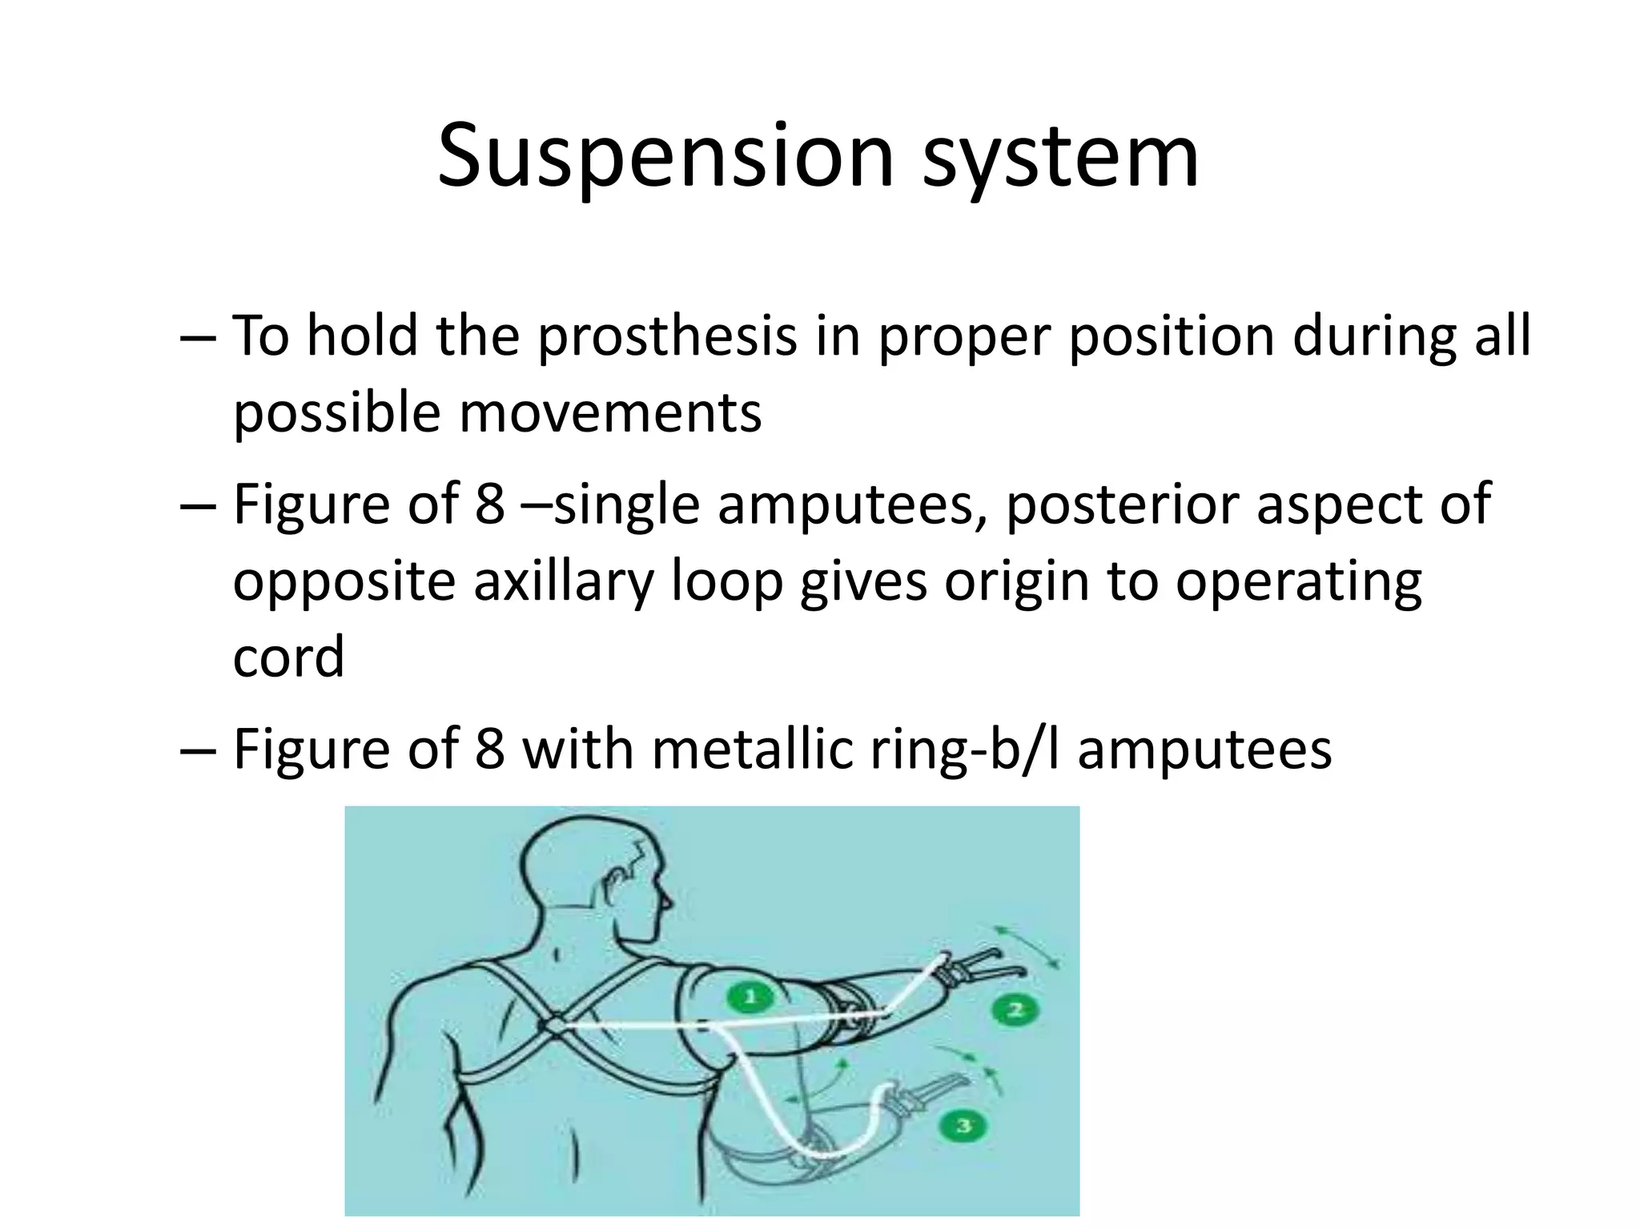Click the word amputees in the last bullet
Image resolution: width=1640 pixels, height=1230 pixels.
pos(1204,750)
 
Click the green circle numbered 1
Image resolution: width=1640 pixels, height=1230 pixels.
pos(750,997)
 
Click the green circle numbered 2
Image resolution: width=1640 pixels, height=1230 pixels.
pos(1015,1010)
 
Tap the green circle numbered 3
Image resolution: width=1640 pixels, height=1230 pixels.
pos(964,1125)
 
